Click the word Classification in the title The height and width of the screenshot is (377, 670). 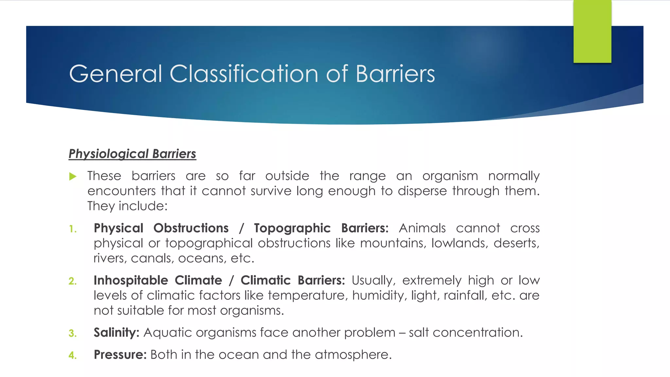coord(244,74)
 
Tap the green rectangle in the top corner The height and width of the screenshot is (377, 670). coord(592,31)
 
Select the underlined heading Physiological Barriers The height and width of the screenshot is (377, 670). coord(132,154)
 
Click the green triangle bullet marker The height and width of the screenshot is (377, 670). coord(73,177)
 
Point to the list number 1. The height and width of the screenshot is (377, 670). coord(73,229)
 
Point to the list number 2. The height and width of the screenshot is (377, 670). coord(73,281)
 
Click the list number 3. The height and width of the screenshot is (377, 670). coord(73,333)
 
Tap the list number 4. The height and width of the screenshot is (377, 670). coord(73,355)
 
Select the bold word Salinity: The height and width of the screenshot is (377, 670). coord(116,332)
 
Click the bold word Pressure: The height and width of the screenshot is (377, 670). coord(120,355)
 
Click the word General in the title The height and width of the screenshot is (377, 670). coord(115,74)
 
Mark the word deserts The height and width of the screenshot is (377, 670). coord(516,243)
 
